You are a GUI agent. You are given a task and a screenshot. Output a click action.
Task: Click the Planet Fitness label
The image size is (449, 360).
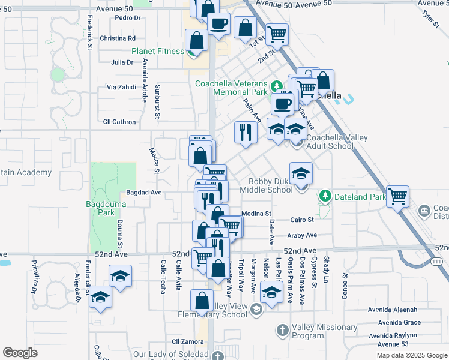158,51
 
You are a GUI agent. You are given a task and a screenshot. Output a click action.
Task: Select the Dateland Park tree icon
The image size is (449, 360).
325,196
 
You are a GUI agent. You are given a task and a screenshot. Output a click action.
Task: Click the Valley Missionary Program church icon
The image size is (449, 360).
283,329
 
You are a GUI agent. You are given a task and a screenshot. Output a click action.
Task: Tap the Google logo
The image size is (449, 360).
20,353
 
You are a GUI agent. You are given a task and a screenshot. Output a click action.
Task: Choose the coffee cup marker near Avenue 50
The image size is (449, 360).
219,25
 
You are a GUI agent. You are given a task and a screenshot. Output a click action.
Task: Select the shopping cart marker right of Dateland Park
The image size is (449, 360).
397,196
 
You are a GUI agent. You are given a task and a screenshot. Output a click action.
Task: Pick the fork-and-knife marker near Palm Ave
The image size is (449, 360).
245,132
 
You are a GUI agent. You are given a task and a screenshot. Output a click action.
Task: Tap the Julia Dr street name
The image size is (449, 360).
122,62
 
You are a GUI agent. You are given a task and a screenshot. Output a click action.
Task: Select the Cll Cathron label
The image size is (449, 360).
119,121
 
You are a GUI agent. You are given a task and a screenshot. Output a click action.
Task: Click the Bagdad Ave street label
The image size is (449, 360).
144,193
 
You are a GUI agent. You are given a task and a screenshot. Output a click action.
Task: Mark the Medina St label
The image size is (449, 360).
256,213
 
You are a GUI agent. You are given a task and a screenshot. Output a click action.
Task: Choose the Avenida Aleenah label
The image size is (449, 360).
393,310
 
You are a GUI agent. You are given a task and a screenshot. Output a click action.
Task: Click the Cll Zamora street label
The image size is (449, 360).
184,341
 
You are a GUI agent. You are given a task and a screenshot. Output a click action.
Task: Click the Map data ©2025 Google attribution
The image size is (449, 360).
411,355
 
